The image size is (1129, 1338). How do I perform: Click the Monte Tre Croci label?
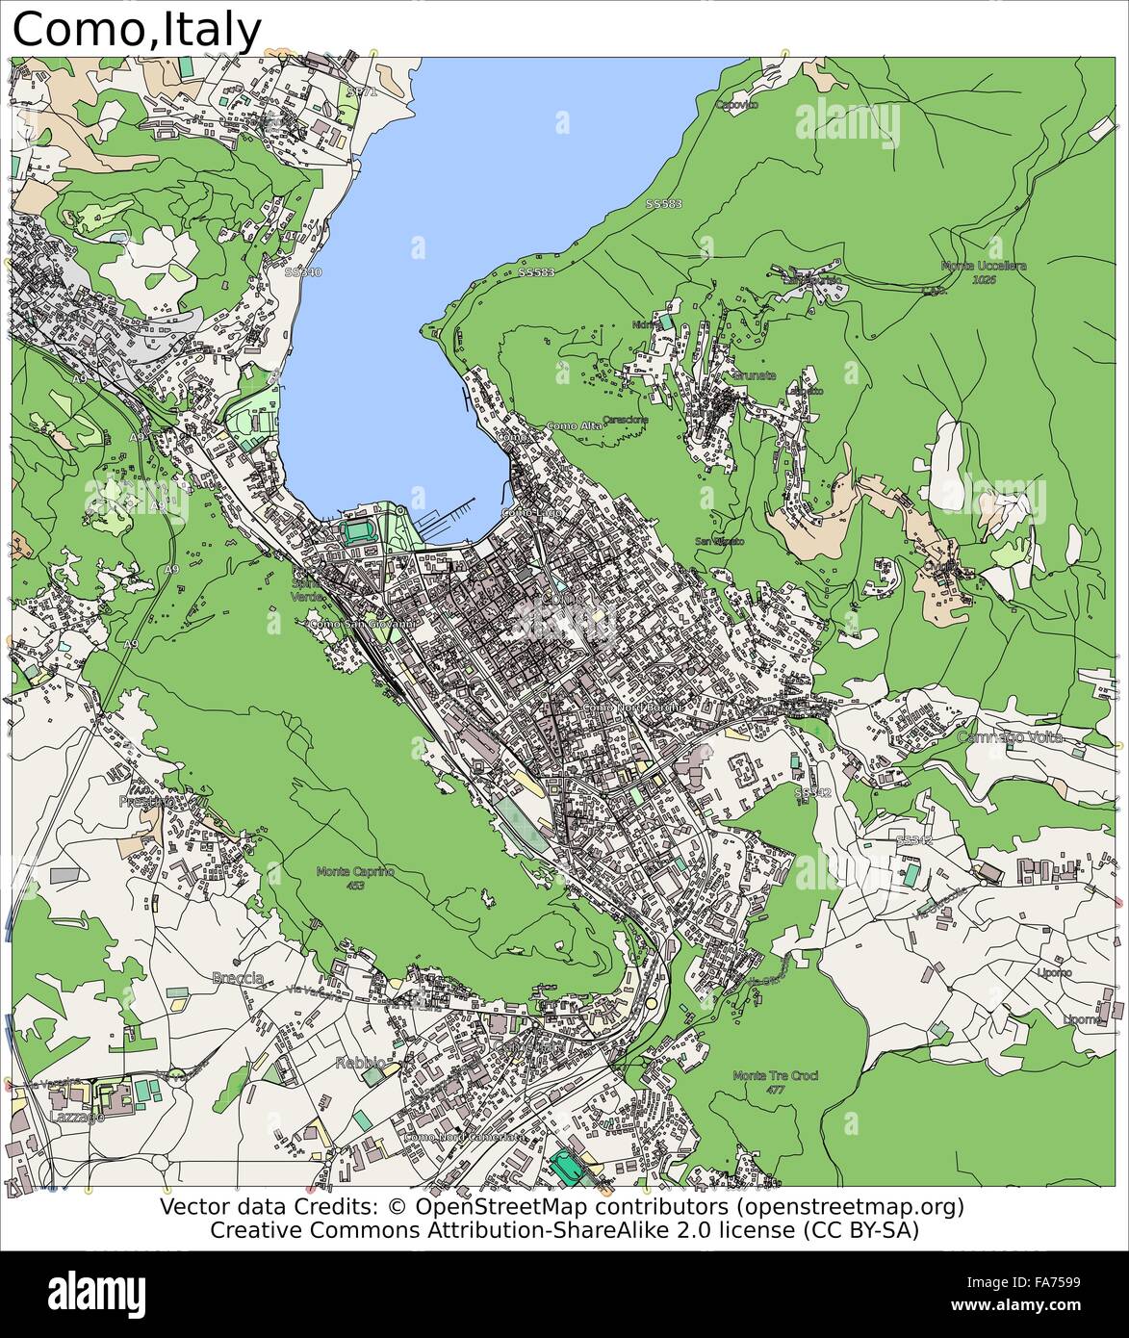(x=775, y=1075)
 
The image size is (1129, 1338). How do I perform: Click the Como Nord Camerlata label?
(x=465, y=1137)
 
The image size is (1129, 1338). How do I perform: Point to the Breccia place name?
(x=237, y=978)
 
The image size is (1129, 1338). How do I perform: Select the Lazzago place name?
(x=73, y=1117)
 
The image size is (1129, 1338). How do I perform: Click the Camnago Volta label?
(x=1010, y=737)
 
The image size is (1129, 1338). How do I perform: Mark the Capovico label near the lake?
(x=736, y=104)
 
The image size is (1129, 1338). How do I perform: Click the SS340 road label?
(x=303, y=272)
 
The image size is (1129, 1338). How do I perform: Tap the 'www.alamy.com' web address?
(x=1033, y=1304)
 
